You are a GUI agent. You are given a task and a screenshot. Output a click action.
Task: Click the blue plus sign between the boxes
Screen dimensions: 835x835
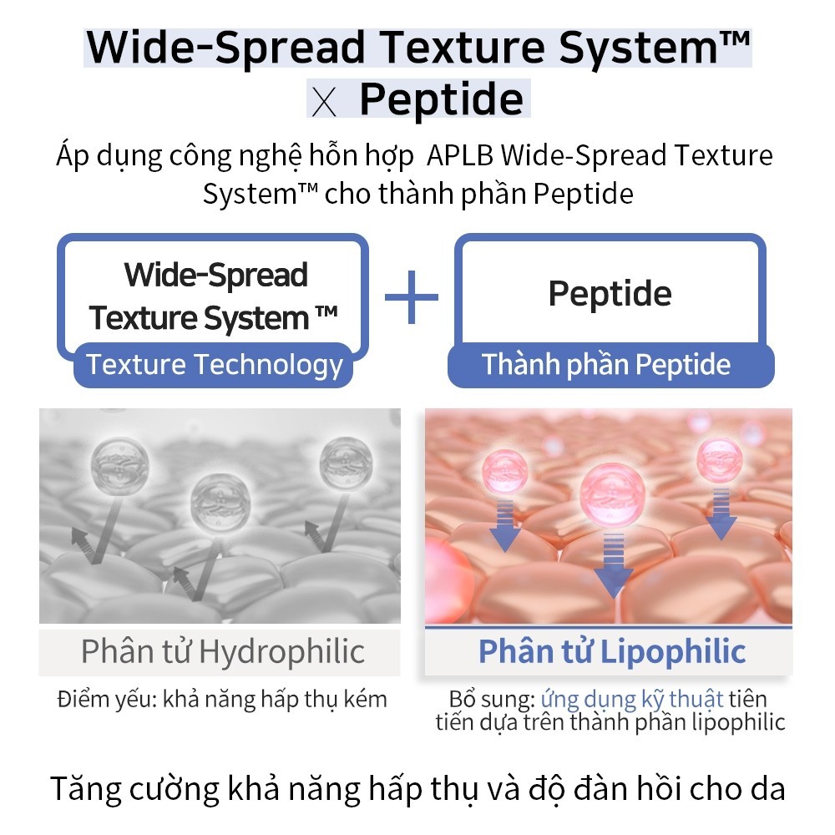click(411, 297)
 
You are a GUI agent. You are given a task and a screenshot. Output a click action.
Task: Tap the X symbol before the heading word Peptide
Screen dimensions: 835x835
click(324, 102)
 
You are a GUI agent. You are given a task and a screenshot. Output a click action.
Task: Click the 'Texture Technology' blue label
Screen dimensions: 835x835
click(214, 366)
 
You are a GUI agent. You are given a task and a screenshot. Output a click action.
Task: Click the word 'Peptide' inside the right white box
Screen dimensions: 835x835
click(610, 293)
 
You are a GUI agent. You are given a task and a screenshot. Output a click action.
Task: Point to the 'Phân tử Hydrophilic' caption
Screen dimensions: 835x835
click(223, 651)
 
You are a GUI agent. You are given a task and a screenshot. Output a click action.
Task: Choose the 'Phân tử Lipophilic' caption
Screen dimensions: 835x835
click(612, 651)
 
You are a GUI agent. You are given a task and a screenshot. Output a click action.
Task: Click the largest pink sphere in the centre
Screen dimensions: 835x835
click(612, 494)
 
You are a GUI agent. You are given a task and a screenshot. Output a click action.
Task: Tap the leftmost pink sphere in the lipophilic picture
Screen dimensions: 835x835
click(504, 472)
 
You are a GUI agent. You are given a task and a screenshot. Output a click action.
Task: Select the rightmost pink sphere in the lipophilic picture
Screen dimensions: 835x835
click(720, 461)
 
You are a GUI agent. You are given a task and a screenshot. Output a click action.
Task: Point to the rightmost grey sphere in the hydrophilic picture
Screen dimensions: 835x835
click(347, 463)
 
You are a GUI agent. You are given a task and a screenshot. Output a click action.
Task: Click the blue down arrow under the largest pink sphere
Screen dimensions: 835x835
click(614, 564)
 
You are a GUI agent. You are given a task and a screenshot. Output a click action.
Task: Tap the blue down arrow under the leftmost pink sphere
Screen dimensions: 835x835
click(504, 525)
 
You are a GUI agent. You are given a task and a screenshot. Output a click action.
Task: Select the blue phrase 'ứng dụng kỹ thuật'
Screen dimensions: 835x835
click(632, 700)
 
